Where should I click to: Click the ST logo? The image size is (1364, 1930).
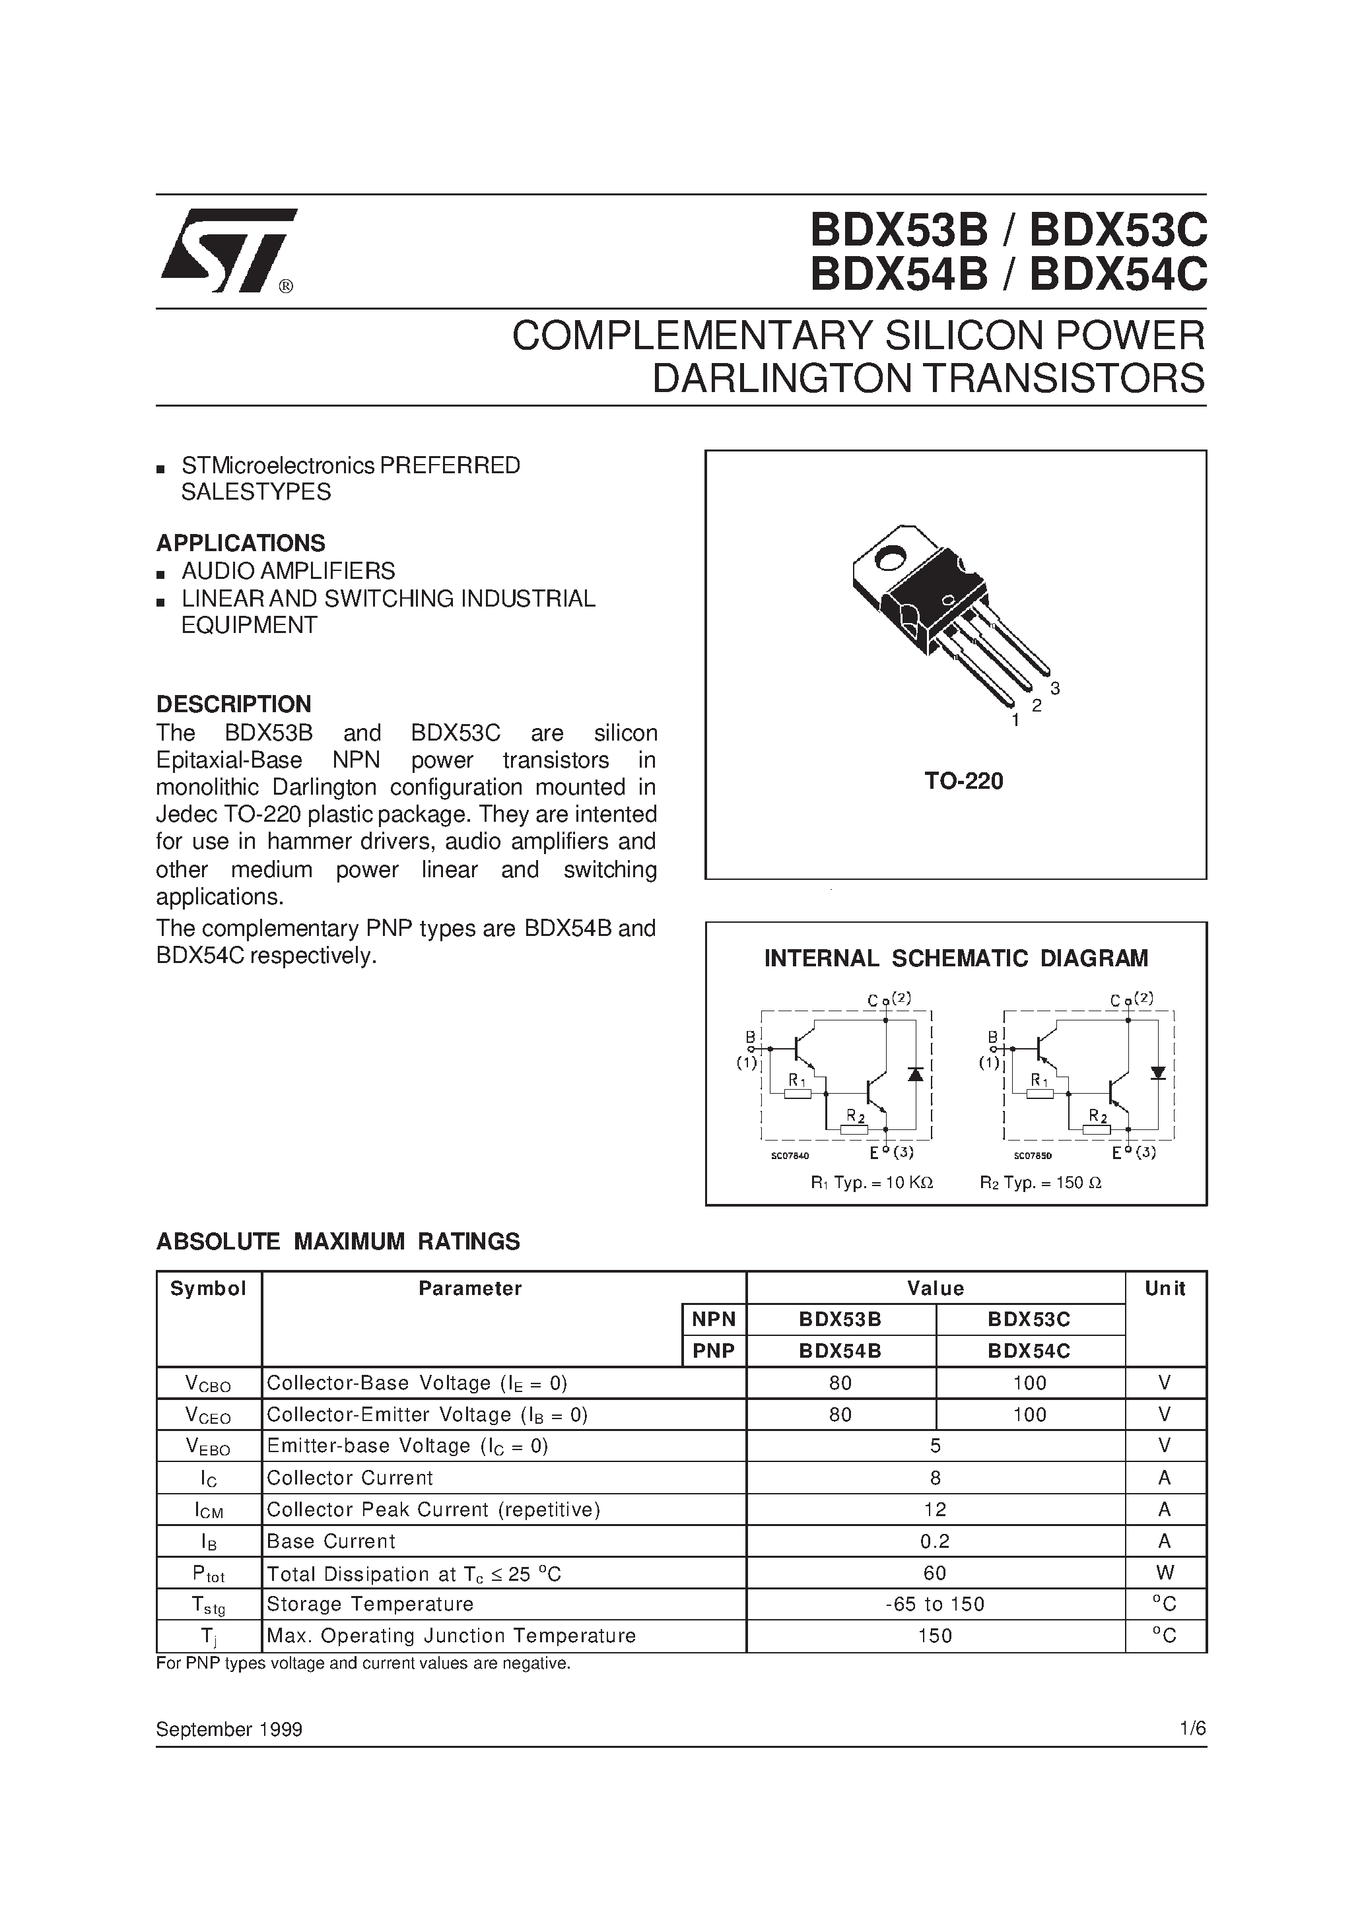click(227, 250)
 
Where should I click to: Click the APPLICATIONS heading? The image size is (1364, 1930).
click(240, 543)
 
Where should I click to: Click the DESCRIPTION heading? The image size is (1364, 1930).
click(233, 704)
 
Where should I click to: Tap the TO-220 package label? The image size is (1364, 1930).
click(964, 781)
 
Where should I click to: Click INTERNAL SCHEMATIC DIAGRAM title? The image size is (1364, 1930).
click(955, 958)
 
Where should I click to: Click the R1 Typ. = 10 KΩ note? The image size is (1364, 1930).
click(872, 1183)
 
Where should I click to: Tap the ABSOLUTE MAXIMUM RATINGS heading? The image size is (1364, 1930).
click(338, 1242)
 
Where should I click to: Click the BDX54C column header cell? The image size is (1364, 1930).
click(1029, 1351)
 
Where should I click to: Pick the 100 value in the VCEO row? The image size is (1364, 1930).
click(1029, 1414)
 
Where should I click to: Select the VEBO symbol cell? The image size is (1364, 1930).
click(208, 1447)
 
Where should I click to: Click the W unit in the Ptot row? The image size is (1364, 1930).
click(1164, 1573)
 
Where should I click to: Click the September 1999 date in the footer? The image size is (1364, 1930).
click(228, 1729)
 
